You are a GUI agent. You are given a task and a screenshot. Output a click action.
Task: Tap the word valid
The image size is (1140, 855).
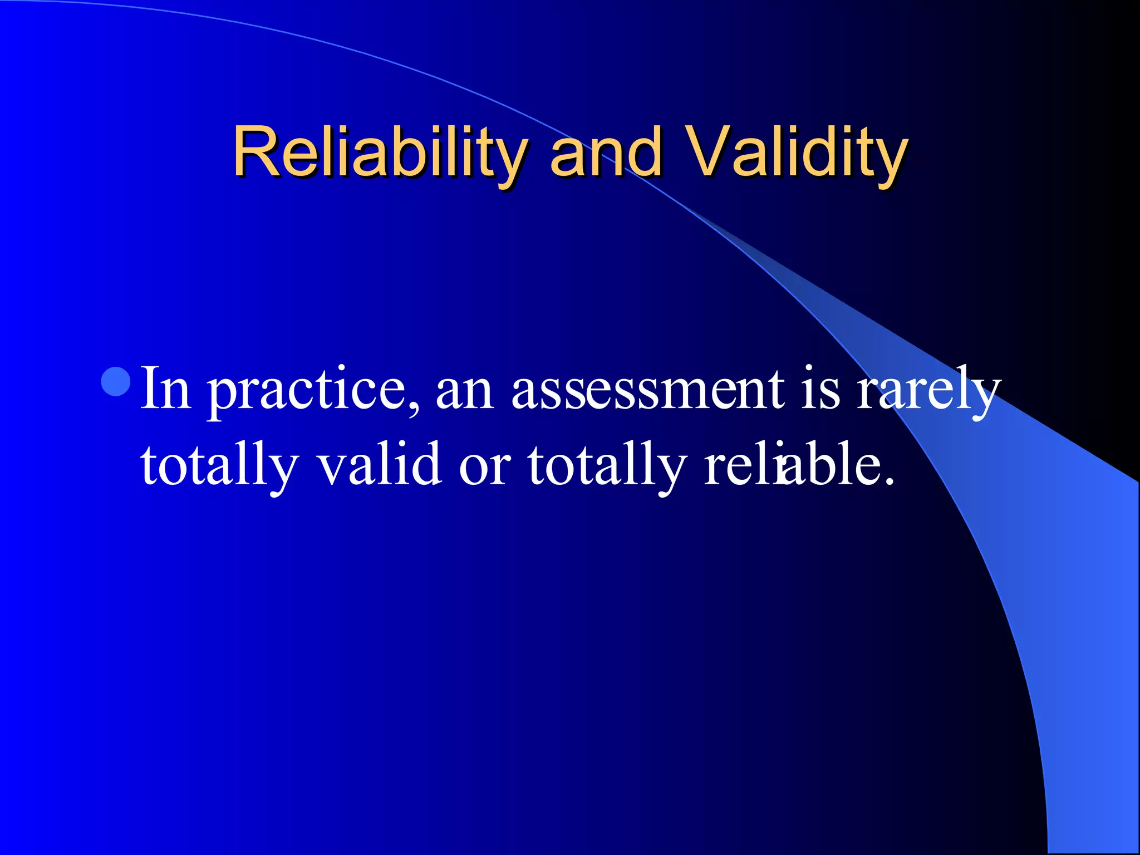tap(380, 464)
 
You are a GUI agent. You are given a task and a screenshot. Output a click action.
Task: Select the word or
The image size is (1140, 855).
tap(484, 468)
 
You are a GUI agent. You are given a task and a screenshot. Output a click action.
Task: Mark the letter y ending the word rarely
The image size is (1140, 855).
tap(986, 396)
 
